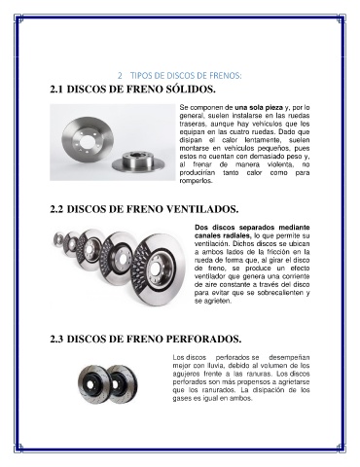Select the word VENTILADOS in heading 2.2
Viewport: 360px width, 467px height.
point(202,209)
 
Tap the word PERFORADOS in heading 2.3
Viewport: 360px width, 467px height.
point(203,339)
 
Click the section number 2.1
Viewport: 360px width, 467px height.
point(56,90)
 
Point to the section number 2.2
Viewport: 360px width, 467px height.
point(56,209)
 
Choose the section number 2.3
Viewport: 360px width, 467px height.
point(56,340)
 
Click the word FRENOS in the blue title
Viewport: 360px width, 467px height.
point(226,76)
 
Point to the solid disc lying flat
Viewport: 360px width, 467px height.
point(140,163)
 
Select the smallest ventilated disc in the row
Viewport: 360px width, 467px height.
point(58,239)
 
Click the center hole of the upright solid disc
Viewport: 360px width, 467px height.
point(87,141)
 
